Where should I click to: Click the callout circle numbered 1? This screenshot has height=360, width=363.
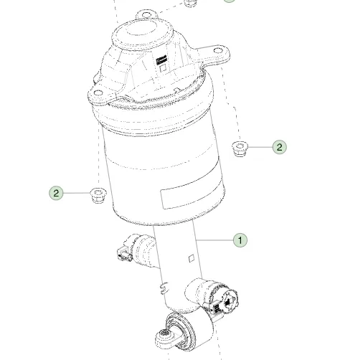click(x=240, y=240)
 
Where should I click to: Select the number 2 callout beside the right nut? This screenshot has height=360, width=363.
click(x=280, y=147)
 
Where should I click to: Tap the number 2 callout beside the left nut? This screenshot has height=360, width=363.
click(x=56, y=193)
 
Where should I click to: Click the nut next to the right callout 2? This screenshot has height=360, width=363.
click(x=240, y=148)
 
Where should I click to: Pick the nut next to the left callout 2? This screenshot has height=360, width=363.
click(x=98, y=196)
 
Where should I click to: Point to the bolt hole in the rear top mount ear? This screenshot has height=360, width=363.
click(x=146, y=14)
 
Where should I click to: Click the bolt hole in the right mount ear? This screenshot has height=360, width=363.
click(x=217, y=51)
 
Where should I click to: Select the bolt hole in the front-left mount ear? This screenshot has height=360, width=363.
click(x=98, y=93)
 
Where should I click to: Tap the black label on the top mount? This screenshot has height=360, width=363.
click(x=161, y=60)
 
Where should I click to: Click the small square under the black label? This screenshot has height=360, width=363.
click(x=164, y=68)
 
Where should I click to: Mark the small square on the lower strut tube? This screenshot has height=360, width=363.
click(x=192, y=258)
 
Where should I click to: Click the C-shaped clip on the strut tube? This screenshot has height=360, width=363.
click(x=164, y=288)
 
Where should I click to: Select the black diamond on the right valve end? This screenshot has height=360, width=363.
click(x=228, y=303)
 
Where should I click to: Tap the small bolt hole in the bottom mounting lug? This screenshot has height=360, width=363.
click(x=164, y=332)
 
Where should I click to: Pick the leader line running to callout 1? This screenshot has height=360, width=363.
click(x=214, y=240)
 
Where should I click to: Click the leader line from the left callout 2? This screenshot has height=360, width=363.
click(x=77, y=193)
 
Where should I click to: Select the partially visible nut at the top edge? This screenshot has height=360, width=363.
click(x=190, y=3)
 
